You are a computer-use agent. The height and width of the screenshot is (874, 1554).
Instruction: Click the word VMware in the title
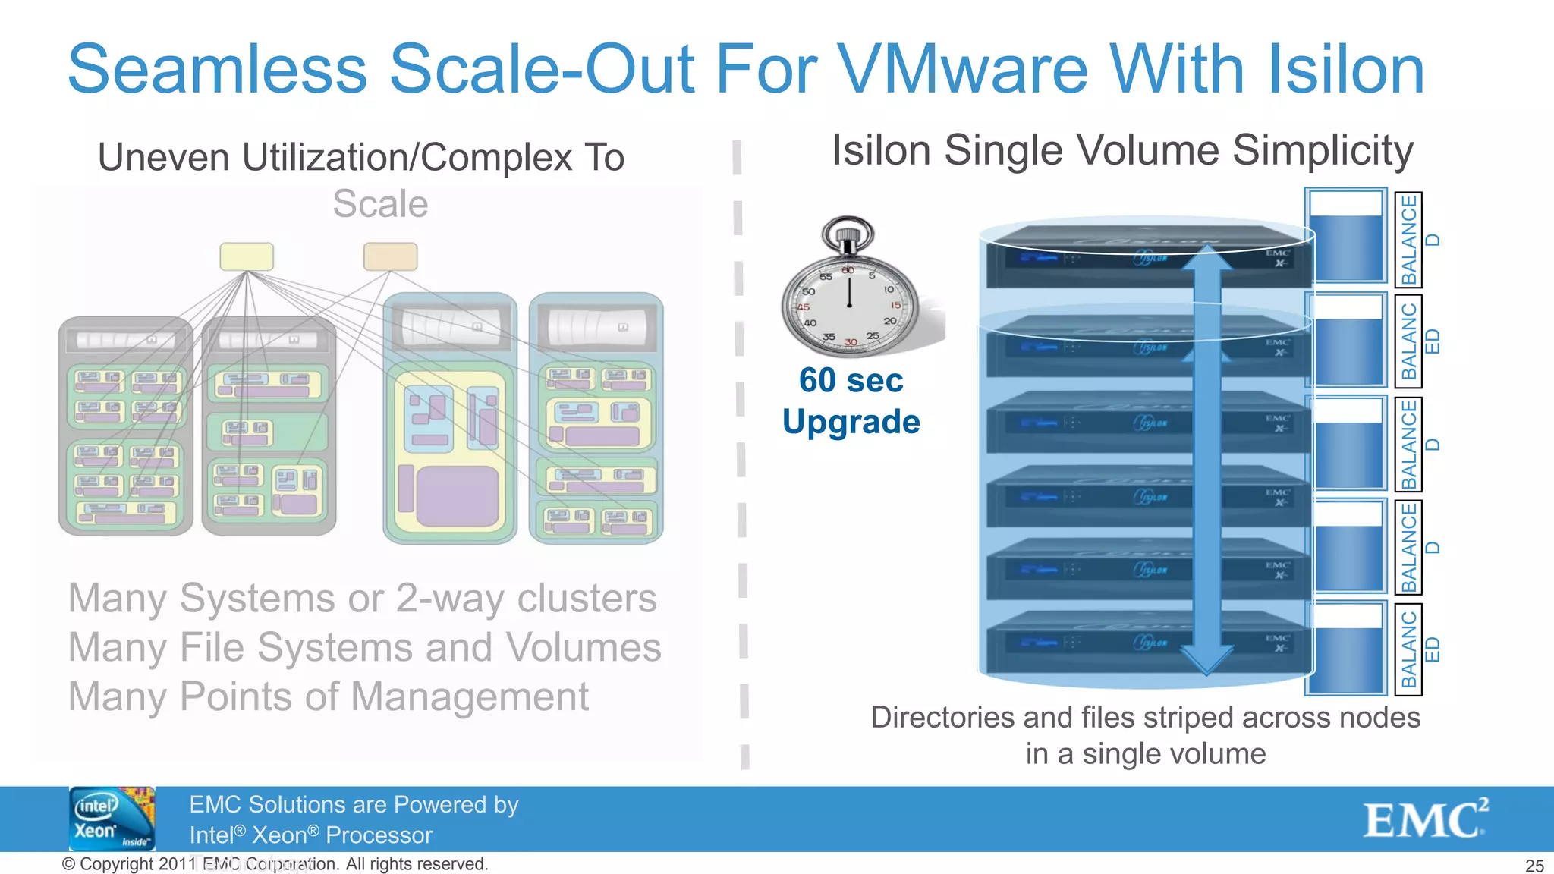[963, 69]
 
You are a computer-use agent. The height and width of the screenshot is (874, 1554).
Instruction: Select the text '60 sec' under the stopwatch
[851, 380]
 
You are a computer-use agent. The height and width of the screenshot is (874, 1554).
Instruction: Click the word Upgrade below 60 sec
[851, 422]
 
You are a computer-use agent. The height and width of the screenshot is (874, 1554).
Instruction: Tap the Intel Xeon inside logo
[112, 819]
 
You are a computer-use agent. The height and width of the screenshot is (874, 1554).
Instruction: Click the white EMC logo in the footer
[1425, 819]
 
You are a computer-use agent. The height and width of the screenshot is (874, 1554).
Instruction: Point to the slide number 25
[1534, 866]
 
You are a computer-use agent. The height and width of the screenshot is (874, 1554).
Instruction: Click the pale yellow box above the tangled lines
[247, 256]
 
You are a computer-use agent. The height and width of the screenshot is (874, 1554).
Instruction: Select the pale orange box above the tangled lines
[390, 256]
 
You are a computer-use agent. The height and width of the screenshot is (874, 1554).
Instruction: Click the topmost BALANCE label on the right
[1409, 239]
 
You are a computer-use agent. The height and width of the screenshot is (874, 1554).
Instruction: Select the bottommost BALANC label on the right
[1409, 649]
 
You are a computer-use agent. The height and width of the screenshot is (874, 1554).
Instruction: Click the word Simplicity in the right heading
[1323, 151]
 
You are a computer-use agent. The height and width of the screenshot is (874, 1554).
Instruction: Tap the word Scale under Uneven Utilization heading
[380, 204]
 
